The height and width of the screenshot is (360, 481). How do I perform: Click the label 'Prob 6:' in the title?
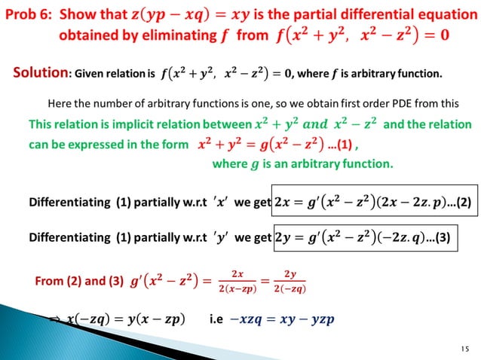point(31,14)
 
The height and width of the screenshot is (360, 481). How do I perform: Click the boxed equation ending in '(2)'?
point(373,201)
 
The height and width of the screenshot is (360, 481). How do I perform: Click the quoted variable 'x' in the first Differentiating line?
point(219,201)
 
